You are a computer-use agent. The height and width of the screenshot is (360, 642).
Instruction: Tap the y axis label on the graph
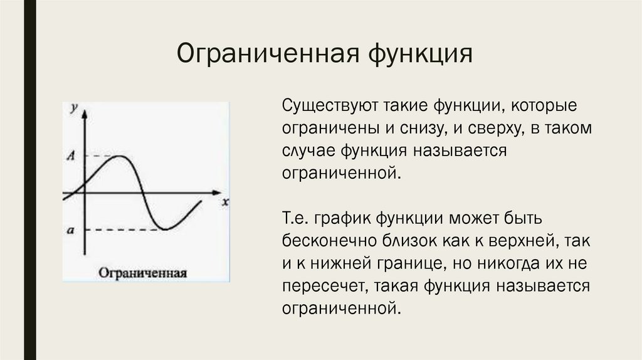pos(75,107)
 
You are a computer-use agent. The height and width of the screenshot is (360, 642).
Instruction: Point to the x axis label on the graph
pos(224,202)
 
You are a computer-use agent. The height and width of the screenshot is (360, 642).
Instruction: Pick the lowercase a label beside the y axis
pos(71,230)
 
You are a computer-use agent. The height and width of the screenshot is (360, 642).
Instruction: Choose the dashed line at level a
pos(122,230)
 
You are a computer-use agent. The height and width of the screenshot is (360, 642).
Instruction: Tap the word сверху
pos(495,127)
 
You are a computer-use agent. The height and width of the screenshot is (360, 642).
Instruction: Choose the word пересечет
pos(322,286)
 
